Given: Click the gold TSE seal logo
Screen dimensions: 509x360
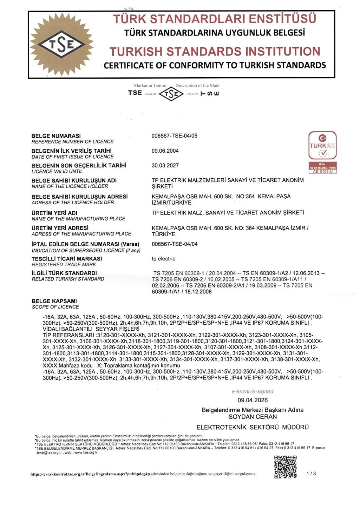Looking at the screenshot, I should click(61, 44).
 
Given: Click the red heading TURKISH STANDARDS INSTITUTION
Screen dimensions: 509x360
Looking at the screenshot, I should click(215, 52).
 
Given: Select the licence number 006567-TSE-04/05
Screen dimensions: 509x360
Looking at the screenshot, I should click(174, 136).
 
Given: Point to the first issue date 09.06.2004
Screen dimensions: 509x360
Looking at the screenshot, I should click(165, 151).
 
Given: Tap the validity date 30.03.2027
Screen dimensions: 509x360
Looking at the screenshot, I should click(165, 165).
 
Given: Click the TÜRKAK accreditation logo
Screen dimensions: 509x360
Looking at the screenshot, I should click(322, 152).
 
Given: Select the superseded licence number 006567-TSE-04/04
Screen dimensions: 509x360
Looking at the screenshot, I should click(174, 244).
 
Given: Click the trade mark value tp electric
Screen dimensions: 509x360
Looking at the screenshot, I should click(163, 259).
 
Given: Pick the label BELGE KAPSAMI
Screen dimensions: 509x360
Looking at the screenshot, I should click(54, 301).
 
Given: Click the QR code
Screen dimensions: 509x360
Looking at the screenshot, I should click(285, 467).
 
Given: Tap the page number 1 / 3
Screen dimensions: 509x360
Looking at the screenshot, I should click(311, 474).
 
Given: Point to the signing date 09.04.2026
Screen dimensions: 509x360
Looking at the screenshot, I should click(253, 400).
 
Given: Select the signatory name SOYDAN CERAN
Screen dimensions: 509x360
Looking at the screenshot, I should click(253, 417).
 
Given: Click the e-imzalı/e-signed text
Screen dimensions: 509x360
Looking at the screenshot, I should click(252, 391).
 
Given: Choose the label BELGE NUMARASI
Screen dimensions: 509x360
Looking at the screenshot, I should click(56, 136).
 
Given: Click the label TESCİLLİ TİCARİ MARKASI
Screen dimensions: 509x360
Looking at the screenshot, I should click(67, 259).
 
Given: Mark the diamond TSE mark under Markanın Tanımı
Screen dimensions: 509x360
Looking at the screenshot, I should click(171, 94).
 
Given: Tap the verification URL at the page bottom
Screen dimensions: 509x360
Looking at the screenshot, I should click(90, 474).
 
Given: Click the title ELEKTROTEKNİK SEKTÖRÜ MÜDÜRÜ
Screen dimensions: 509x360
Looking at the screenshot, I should click(253, 427).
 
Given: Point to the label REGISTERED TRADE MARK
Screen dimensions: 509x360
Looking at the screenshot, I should click(64, 264).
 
